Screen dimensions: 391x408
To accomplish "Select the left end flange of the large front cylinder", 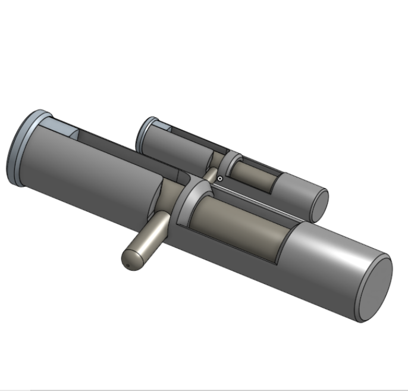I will [x=18, y=146].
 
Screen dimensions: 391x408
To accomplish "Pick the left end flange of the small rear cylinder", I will [x=140, y=134].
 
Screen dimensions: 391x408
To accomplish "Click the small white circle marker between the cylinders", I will [x=220, y=178].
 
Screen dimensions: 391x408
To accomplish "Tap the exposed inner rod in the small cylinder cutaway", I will [x=253, y=176].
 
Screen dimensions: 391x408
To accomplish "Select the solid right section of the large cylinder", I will [x=327, y=262].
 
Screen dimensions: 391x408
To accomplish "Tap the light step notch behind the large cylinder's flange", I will [x=59, y=127].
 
